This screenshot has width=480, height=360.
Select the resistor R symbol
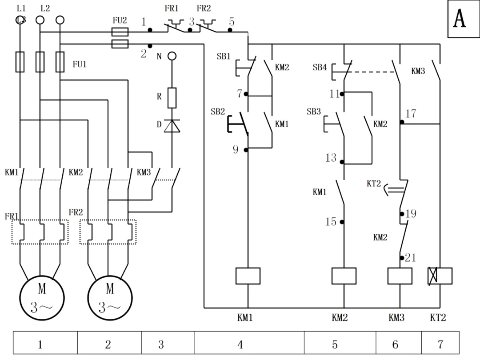tap(172, 98)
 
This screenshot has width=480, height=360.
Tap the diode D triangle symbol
tap(172, 126)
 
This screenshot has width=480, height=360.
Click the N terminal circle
tap(172, 56)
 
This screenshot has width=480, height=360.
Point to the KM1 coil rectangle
tap(248, 276)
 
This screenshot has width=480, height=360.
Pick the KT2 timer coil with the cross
tap(440, 276)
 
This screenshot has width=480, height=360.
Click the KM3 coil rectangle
tap(400, 276)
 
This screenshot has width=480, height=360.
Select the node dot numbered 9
tap(246, 150)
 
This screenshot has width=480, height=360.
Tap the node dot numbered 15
tap(342, 222)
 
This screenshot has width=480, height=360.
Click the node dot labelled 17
tap(402, 122)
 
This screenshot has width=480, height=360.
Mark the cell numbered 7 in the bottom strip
tap(440, 343)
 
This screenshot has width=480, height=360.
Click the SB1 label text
tap(224, 56)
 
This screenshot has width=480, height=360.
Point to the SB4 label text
tap(320, 68)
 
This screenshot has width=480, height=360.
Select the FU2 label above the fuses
tap(120, 20)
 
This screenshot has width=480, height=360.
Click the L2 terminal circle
tap(40, 20)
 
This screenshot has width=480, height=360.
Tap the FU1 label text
tap(80, 64)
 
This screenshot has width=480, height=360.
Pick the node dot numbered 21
tap(402, 258)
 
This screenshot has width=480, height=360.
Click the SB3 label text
tap(314, 112)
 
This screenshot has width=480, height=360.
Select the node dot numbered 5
tap(230, 30)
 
